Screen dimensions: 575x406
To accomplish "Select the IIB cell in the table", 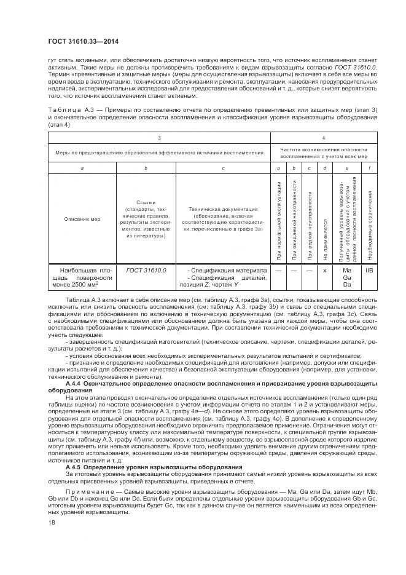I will pyautogui.click(x=369, y=270).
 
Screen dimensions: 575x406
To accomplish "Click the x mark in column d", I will pyautogui.click(x=324, y=271).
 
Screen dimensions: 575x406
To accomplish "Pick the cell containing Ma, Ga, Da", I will pyautogui.click(x=346, y=277).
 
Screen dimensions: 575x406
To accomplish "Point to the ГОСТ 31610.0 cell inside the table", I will pyautogui.click(x=146, y=270).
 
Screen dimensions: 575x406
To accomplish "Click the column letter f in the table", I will pyautogui.click(x=369, y=167).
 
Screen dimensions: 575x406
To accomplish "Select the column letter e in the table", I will pyautogui.click(x=346, y=167).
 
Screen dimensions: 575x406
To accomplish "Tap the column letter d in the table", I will pyautogui.click(x=324, y=167).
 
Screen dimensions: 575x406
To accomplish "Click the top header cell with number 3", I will pyautogui.click(x=159, y=138).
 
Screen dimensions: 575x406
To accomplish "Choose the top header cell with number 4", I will pyautogui.click(x=324, y=138).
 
